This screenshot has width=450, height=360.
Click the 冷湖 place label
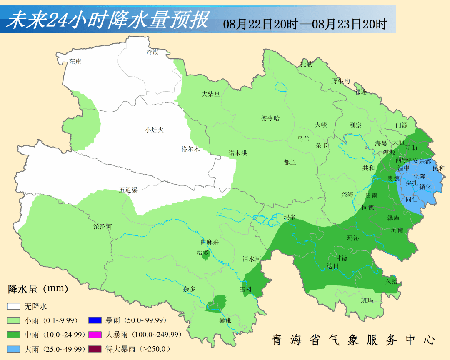coord(152,52)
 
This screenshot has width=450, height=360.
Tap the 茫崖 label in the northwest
coord(75,62)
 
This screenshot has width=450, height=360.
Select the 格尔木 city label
coord(190,149)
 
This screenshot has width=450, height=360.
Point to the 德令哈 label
coord(270,118)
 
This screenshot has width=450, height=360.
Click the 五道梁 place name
coord(128,190)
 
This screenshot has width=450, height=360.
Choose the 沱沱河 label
coord(102,227)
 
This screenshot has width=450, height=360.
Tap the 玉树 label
coord(246,289)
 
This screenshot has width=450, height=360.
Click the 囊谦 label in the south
coord(225,320)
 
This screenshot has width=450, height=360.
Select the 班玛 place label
coord(367,300)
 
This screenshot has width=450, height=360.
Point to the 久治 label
coord(391,281)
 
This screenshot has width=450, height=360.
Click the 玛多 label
coord(290,217)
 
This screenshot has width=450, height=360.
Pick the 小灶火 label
coord(155,130)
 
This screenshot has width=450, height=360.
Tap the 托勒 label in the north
coord(307,64)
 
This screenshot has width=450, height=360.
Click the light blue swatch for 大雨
coord(14,349)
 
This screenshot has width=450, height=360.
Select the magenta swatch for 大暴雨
coord(95,335)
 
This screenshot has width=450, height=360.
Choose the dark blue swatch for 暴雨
coord(95,320)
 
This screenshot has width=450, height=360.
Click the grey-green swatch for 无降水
coord(14,306)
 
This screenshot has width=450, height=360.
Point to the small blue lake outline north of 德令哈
coord(282,87)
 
